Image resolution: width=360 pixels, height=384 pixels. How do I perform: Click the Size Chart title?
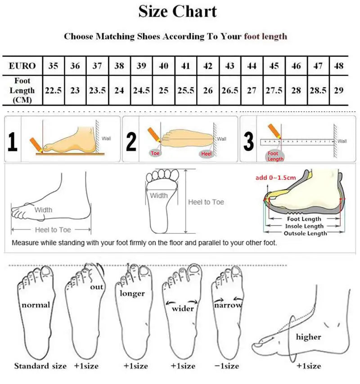coord(177,11)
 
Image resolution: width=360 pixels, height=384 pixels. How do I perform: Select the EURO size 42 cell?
coord(208,66)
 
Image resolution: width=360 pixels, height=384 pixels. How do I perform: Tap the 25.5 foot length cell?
coord(185,90)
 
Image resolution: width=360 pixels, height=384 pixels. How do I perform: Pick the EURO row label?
coord(22,66)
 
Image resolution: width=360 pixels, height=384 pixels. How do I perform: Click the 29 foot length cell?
coord(339,90)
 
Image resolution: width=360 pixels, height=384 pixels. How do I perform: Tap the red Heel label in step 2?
coord(206,154)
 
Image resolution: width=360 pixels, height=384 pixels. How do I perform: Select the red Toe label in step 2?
coord(155,154)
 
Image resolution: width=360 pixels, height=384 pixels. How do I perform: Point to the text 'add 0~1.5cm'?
coord(275,178)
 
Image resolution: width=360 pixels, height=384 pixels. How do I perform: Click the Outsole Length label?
coord(305,233)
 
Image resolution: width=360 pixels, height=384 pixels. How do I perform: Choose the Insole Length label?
coord(305,226)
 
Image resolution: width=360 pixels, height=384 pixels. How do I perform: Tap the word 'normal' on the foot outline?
coord(36,305)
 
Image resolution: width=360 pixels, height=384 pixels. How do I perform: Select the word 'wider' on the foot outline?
coord(183,308)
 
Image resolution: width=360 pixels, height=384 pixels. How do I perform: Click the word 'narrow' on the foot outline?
coord(228,305)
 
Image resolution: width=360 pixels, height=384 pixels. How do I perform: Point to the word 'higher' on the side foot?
coord(309,337)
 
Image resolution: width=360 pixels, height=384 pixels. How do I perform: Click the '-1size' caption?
coord(227,366)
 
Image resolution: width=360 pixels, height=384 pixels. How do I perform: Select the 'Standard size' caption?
coord(40,366)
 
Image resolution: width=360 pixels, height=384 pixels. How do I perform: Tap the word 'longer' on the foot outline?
coord(132,294)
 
